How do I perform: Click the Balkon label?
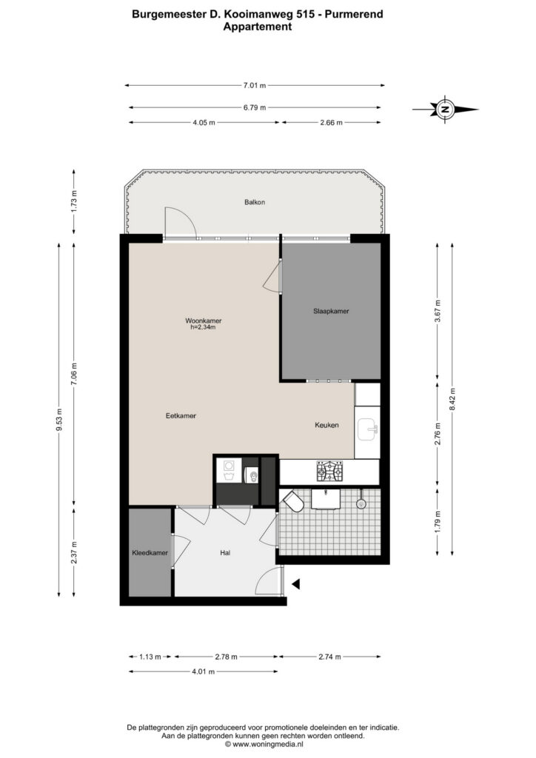[254, 202]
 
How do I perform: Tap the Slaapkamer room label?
[331, 311]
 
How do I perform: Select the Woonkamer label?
[204, 321]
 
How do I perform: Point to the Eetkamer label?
[181, 415]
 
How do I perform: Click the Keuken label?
[326, 425]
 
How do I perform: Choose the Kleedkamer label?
[150, 552]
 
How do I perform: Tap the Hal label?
[225, 552]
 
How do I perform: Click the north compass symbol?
[445, 110]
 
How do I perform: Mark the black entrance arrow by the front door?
[296, 585]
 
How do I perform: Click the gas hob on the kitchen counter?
[329, 472]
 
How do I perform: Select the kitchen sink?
[368, 429]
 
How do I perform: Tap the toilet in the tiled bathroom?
[294, 501]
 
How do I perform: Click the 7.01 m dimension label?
[254, 86]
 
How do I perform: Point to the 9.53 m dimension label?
[59, 419]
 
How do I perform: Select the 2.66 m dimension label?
[331, 122]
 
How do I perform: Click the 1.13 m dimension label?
[150, 657]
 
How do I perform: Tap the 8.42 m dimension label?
[452, 399]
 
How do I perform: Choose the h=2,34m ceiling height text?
[203, 327]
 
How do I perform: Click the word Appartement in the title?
[257, 27]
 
